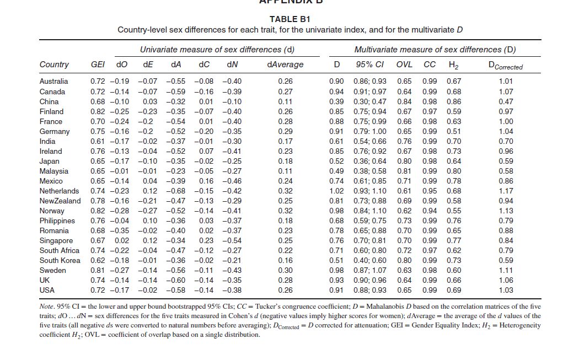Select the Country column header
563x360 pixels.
54,65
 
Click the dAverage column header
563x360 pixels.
285,65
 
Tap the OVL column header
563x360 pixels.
404,65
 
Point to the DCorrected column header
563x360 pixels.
502,66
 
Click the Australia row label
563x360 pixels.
54,82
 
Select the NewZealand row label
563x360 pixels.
60,201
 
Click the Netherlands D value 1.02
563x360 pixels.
336,191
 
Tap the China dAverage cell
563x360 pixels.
286,101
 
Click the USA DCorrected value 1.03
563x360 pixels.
506,290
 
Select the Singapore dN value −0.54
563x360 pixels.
232,240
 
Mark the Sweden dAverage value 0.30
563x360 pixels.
286,270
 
